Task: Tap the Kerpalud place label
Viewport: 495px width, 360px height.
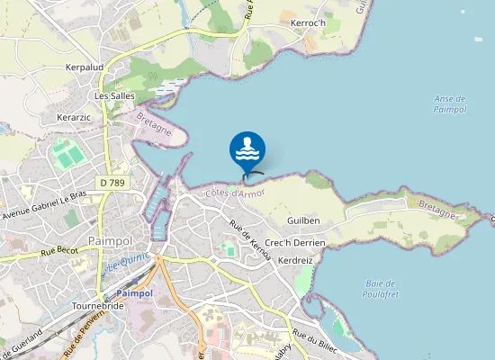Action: (x=85, y=67)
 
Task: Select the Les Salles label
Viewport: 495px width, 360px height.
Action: (x=114, y=94)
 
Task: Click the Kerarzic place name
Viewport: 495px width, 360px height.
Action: (x=76, y=118)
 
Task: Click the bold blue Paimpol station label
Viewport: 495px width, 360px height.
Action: (x=136, y=293)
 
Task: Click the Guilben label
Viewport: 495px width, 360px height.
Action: (x=303, y=220)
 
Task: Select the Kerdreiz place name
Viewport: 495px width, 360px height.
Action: (x=295, y=259)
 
